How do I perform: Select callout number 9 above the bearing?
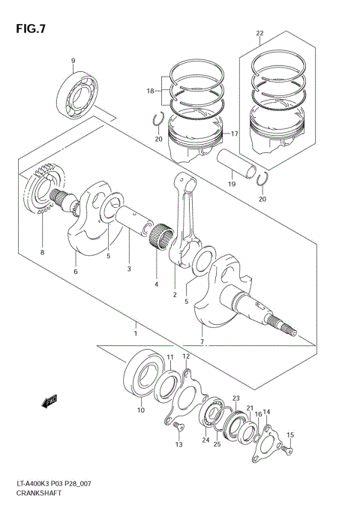(x=73, y=61)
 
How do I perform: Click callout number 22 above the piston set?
(x=259, y=34)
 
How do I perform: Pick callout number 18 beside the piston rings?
(x=150, y=91)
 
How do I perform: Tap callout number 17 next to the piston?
(x=234, y=134)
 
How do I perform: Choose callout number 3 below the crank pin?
(x=128, y=269)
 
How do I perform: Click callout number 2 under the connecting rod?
(x=175, y=295)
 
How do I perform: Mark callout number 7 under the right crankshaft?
(x=202, y=342)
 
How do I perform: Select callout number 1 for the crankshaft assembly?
(x=135, y=332)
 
